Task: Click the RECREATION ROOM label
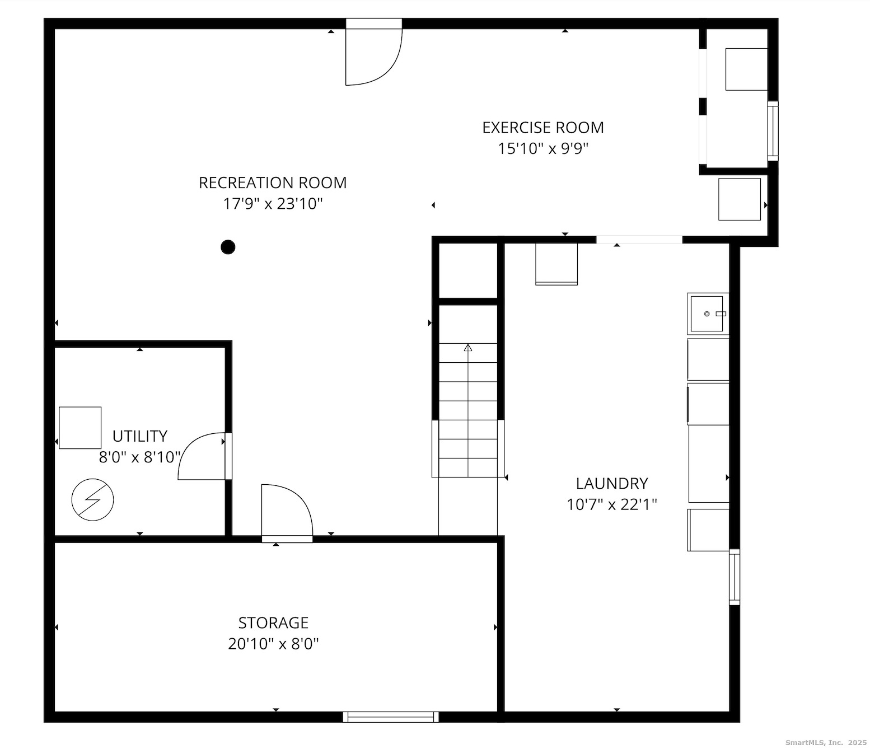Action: [273, 183]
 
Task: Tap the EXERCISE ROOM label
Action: [542, 128]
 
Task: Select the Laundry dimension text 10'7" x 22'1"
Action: [611, 505]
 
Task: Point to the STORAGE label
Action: [273, 623]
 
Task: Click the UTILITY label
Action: [139, 436]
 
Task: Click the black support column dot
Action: [228, 247]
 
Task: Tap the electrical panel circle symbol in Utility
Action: [93, 499]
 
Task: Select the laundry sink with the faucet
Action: [708, 313]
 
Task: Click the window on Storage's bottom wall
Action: [391, 717]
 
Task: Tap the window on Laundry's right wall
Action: [734, 577]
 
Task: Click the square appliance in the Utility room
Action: [80, 428]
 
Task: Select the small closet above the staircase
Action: [468, 270]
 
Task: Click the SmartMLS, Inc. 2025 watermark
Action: [825, 742]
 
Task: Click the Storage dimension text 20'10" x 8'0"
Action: [273, 644]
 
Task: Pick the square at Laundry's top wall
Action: [556, 264]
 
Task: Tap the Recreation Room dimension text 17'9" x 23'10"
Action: [273, 204]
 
